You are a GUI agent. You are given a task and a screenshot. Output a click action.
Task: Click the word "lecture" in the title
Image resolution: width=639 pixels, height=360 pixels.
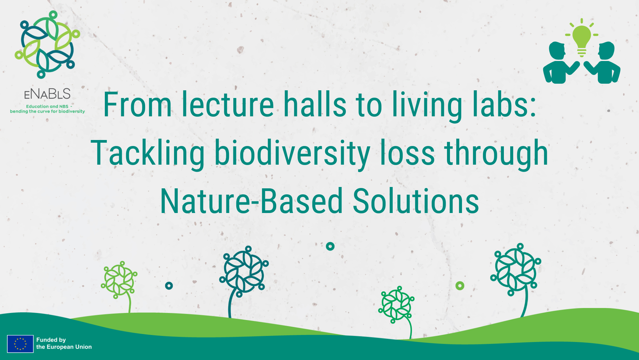point(228,105)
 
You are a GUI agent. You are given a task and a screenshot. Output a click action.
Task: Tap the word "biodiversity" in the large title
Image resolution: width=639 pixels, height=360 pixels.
point(292,153)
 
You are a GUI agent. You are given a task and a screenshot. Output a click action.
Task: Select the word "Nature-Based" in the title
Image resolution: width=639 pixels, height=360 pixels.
point(252,201)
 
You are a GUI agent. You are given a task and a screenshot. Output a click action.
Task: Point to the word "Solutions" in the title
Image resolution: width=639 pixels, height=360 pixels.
point(416,201)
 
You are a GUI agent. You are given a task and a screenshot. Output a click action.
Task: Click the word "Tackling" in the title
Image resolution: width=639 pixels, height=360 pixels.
point(148,153)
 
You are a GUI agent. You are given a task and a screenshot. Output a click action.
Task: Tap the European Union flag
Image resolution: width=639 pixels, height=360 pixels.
point(20,344)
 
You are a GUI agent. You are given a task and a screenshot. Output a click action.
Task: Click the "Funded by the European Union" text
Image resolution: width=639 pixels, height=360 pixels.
point(64,343)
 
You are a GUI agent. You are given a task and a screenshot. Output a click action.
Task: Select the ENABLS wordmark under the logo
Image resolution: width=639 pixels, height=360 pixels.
point(47,94)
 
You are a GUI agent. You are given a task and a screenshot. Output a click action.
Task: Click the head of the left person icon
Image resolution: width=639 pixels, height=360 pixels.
point(557,51)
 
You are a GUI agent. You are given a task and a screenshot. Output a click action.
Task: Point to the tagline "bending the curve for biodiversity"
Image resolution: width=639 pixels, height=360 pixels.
point(47,111)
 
